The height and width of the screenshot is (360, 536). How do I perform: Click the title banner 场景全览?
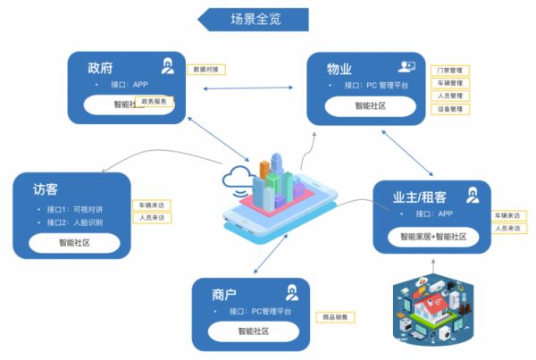[255, 19]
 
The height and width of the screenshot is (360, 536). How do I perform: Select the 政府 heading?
[100, 67]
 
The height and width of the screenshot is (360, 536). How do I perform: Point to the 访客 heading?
[46, 189]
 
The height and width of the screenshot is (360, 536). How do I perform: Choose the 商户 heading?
[225, 294]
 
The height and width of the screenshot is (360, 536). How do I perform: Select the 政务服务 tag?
[154, 102]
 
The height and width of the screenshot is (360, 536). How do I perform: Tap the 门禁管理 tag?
[449, 70]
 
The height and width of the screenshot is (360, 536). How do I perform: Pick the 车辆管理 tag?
[449, 83]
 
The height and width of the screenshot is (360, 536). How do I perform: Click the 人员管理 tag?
[449, 96]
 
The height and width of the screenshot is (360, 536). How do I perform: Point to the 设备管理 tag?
[449, 109]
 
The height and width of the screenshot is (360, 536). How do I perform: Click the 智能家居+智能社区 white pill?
[432, 237]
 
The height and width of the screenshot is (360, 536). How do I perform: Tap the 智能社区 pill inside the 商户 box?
[253, 332]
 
